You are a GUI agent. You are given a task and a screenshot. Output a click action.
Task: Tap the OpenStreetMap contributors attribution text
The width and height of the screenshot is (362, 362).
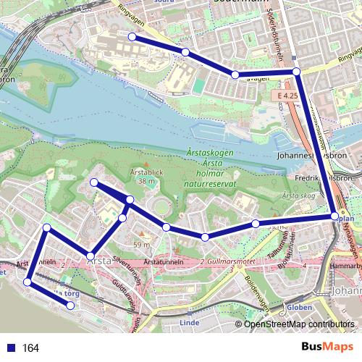tap(299, 325)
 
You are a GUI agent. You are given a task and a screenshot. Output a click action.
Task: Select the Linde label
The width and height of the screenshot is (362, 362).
tap(188, 323)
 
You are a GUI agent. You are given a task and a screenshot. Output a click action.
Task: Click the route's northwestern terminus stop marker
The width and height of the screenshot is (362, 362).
tap(132, 36)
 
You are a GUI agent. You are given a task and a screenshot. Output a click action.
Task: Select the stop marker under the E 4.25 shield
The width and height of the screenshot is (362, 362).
tap(296, 71)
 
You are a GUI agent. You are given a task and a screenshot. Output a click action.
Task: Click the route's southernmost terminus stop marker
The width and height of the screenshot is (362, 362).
tap(71, 306)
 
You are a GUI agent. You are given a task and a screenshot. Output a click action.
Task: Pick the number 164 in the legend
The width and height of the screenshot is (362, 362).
tap(30, 348)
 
